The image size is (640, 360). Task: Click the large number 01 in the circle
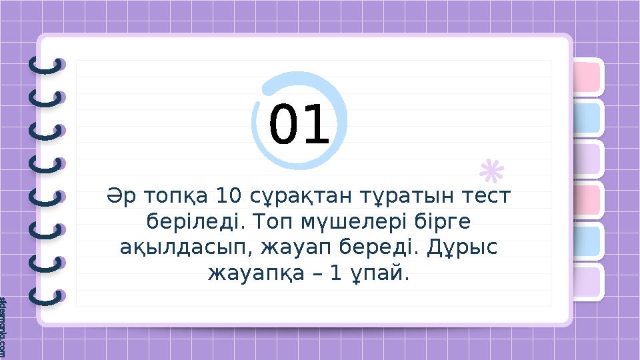[299, 126]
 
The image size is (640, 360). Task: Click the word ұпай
[382, 273]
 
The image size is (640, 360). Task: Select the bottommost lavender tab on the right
[586, 281]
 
